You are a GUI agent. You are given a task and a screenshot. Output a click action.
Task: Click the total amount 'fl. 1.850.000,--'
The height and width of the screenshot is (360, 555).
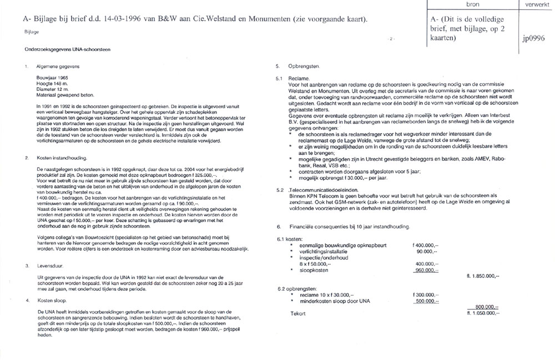point(483,276)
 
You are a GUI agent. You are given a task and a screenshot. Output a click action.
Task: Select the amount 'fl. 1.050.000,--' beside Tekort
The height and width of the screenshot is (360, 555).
point(483,313)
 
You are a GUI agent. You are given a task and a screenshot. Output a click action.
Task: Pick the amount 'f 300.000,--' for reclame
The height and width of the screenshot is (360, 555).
point(425,295)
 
